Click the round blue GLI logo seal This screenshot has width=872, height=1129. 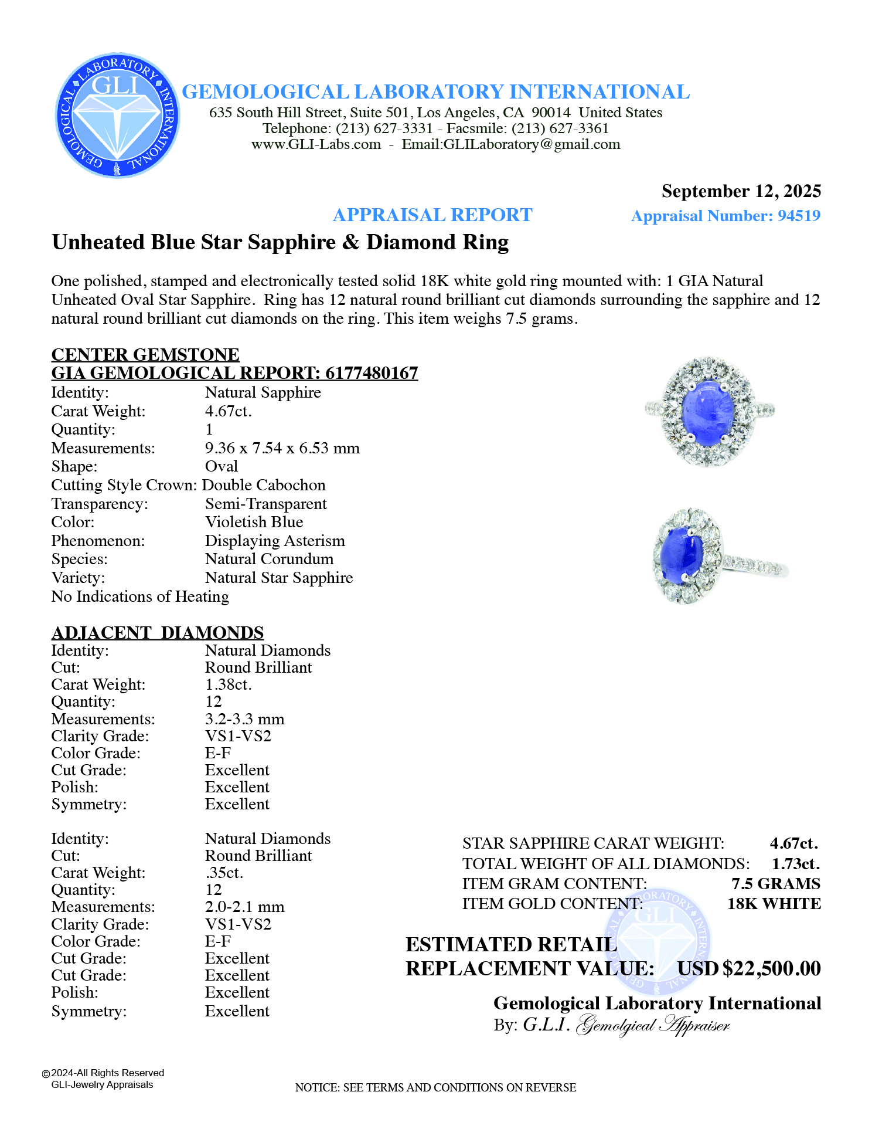(x=118, y=116)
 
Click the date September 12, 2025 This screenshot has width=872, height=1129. (x=741, y=191)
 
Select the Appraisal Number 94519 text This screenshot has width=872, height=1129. (x=725, y=216)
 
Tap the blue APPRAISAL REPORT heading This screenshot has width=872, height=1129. (x=432, y=215)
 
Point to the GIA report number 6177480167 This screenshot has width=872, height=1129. (x=372, y=373)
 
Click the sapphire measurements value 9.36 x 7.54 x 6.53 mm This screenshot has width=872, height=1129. (x=282, y=448)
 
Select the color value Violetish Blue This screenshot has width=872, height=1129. (x=254, y=522)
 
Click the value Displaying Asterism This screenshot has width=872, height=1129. (x=275, y=541)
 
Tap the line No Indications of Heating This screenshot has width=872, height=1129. (x=140, y=596)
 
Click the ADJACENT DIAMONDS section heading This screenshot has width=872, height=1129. (x=158, y=632)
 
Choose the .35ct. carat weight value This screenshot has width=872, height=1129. (x=224, y=873)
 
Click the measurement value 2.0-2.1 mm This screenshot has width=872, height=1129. (x=244, y=907)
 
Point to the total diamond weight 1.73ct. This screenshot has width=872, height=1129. (x=795, y=863)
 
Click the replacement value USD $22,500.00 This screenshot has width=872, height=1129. (x=749, y=968)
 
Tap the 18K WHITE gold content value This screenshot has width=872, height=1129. (x=774, y=904)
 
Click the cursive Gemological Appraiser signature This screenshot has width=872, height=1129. (x=653, y=1025)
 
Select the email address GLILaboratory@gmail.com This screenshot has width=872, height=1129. (x=532, y=145)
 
